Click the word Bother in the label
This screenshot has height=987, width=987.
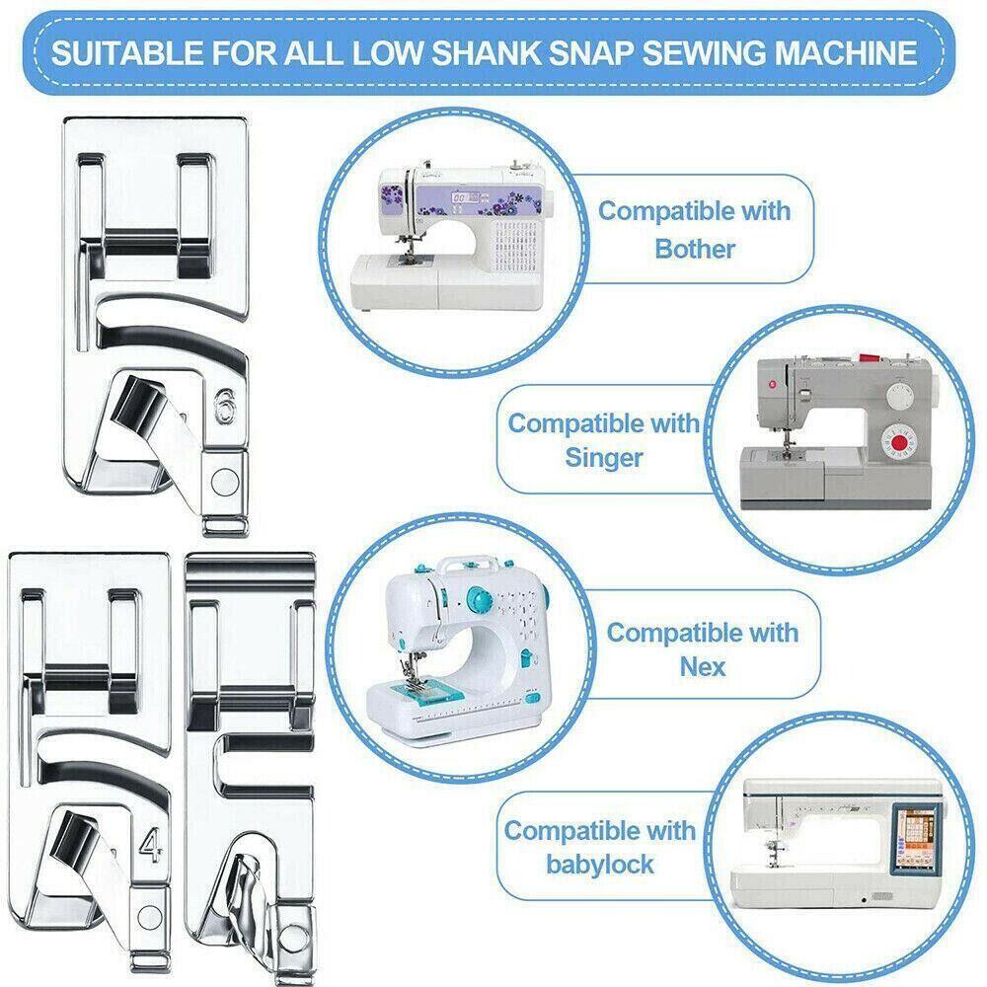[695, 249]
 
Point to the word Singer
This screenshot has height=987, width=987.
[604, 458]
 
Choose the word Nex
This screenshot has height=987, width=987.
[702, 666]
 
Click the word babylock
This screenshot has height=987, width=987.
[599, 865]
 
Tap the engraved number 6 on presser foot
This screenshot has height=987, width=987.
[219, 407]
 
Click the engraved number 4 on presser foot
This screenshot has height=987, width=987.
[150, 846]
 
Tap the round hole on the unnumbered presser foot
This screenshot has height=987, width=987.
[296, 925]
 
